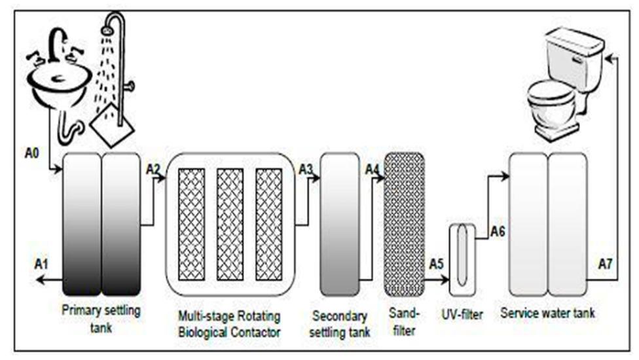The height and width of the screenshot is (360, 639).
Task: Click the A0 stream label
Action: coord(32,153)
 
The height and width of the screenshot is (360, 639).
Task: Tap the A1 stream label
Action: coord(41,264)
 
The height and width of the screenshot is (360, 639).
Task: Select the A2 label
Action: coord(153,169)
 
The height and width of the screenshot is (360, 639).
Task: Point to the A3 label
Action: coord(306,169)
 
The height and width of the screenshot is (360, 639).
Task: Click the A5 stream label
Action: coord(436,264)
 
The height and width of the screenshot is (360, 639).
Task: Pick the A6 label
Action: coord(498,231)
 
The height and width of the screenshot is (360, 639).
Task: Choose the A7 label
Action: coord(605,264)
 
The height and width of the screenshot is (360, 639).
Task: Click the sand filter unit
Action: coord(404,225)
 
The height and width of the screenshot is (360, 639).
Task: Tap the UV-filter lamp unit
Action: coord(462,260)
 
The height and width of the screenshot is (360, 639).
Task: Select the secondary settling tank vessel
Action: coord(339,225)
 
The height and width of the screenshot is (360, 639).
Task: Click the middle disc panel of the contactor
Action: coord(230,225)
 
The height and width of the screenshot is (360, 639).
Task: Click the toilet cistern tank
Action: coord(575,57)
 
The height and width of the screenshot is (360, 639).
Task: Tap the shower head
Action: coord(107,30)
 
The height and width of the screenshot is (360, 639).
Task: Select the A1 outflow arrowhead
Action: coord(39,279)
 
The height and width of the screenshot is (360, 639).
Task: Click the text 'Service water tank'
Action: coord(547,313)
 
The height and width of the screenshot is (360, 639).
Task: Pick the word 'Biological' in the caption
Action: coord(204,333)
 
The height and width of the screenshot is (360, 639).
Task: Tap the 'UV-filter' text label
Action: coord(462,314)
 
